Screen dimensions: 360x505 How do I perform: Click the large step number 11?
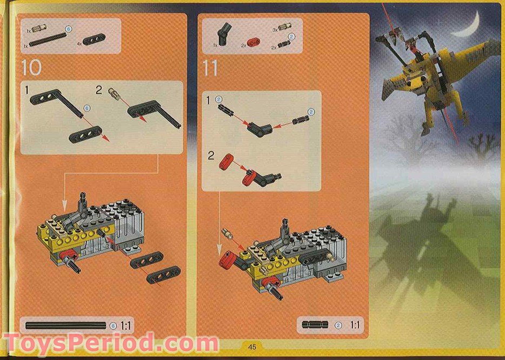210,69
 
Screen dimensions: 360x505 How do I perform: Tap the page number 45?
252,346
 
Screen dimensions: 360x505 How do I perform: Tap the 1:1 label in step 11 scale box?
355,325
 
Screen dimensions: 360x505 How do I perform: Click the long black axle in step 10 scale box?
65,325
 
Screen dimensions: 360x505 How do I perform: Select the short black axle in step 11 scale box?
315,325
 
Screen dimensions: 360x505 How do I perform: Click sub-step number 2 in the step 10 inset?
98,91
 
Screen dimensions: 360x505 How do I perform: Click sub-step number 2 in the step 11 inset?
211,156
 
